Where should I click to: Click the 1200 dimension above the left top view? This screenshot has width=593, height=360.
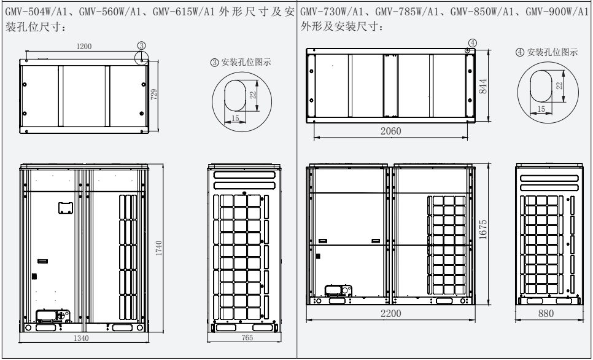(85, 46)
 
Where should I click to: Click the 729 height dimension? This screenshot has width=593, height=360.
(154, 93)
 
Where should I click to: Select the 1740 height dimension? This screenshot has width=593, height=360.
(159, 249)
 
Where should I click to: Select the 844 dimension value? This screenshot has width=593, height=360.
(483, 87)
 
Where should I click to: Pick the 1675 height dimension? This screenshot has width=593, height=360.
(483, 230)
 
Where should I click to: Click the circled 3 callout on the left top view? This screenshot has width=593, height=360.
(141, 45)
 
